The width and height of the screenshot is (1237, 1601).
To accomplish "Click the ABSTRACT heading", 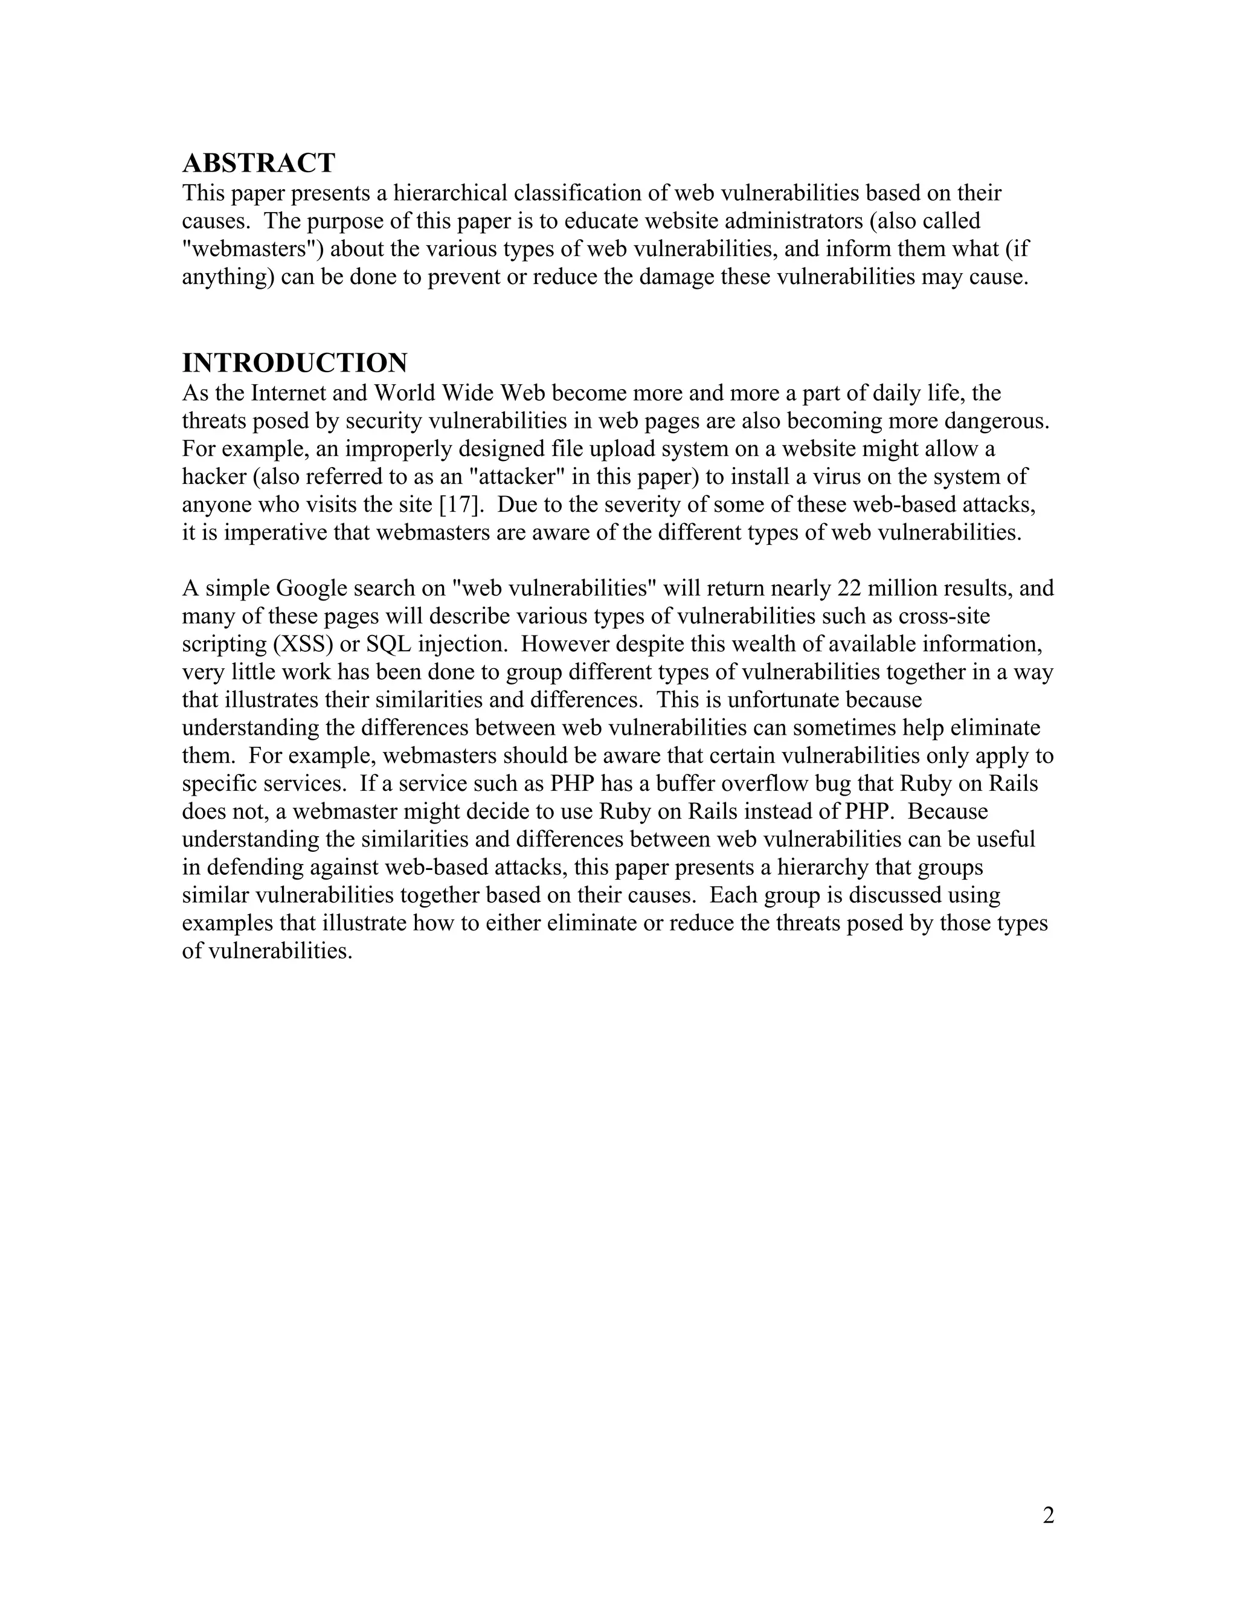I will [259, 163].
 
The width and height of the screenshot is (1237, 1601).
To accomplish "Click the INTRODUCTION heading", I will [295, 363].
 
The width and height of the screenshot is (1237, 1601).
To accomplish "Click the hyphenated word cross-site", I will [945, 616].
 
